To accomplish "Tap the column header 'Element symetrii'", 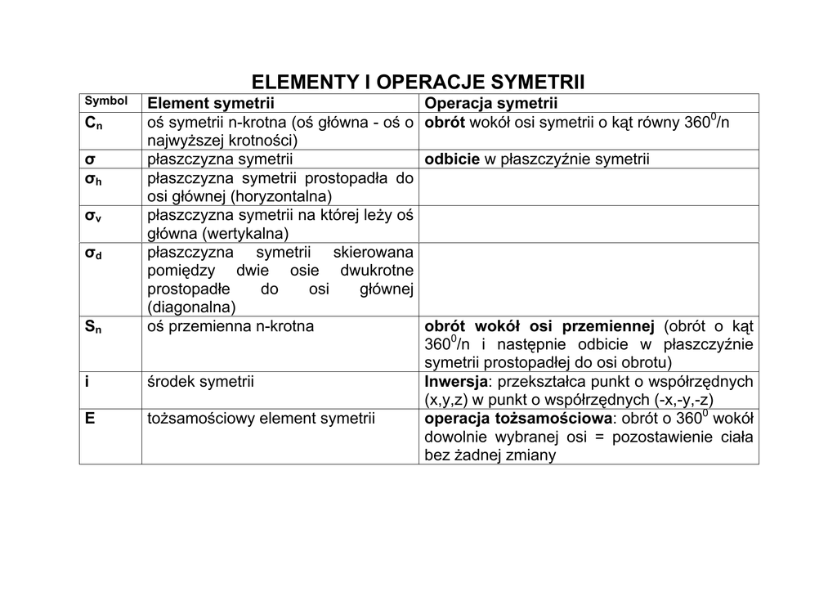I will pyautogui.click(x=210, y=103).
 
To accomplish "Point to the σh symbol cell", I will pyautogui.click(x=93, y=179).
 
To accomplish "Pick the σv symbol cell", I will pyautogui.click(x=93, y=217).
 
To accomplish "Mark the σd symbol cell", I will pyautogui.click(x=93, y=254).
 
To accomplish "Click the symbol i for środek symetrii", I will pyautogui.click(x=87, y=382).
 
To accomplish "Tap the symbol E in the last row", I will pyautogui.click(x=90, y=419).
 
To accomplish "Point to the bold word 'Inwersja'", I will pyautogui.click(x=455, y=382).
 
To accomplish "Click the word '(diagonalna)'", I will pyautogui.click(x=191, y=307).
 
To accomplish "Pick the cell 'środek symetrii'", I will pyautogui.click(x=200, y=382).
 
